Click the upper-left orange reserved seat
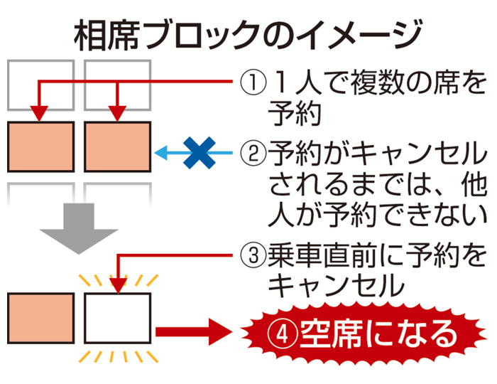coord(40,146)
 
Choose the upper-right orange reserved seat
coord(117,146)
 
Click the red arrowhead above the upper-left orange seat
coord(40,113)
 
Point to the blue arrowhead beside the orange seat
coord(162,151)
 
